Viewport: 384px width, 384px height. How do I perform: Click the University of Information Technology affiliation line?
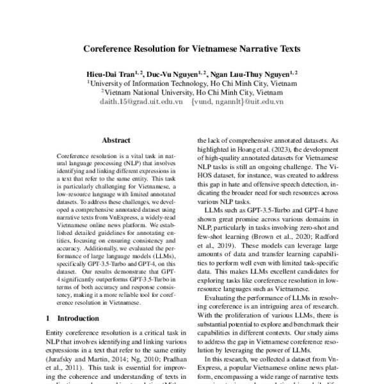coord(192,83)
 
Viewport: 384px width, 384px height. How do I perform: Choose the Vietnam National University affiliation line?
coord(192,92)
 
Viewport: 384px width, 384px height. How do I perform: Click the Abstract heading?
coord(116,140)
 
